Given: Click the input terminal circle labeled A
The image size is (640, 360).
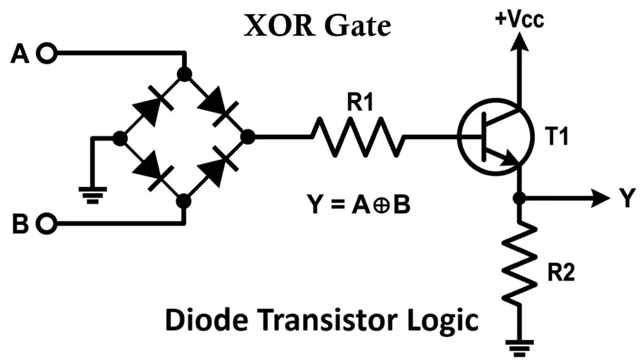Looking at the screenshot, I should coord(46,54).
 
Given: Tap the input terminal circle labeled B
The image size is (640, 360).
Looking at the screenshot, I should coord(46,222).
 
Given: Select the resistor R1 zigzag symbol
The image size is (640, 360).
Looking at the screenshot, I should coord(357,137).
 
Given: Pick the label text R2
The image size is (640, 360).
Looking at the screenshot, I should coord(560,274).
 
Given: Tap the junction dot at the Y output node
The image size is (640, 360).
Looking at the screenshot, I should coord(518,199).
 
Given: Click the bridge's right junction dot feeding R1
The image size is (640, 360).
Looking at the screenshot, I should coord(247,137).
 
